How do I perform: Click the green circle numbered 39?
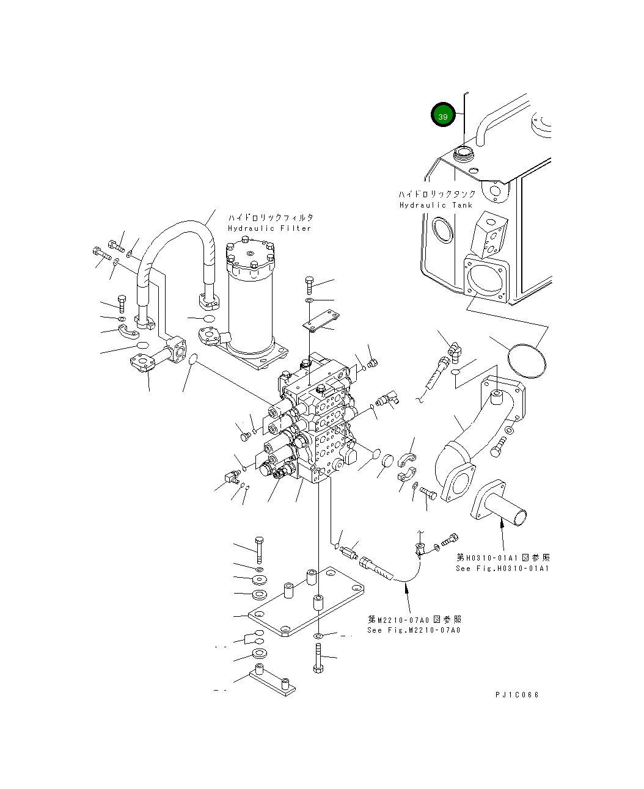[x=443, y=114]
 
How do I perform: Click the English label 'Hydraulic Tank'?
[x=436, y=205]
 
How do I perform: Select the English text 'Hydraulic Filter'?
[x=269, y=228]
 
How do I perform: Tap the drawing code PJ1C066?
[x=517, y=695]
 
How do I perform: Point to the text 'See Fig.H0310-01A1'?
[x=502, y=569]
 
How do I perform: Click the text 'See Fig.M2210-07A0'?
[x=414, y=630]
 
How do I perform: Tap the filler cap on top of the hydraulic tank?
[x=463, y=154]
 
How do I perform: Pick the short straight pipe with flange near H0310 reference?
[x=499, y=502]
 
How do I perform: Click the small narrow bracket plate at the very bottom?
[x=272, y=683]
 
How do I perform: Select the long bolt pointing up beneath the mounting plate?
[x=318, y=658]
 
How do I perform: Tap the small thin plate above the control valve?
[x=321, y=320]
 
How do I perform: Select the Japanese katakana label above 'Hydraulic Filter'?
[x=271, y=217]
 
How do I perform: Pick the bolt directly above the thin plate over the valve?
[x=309, y=285]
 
